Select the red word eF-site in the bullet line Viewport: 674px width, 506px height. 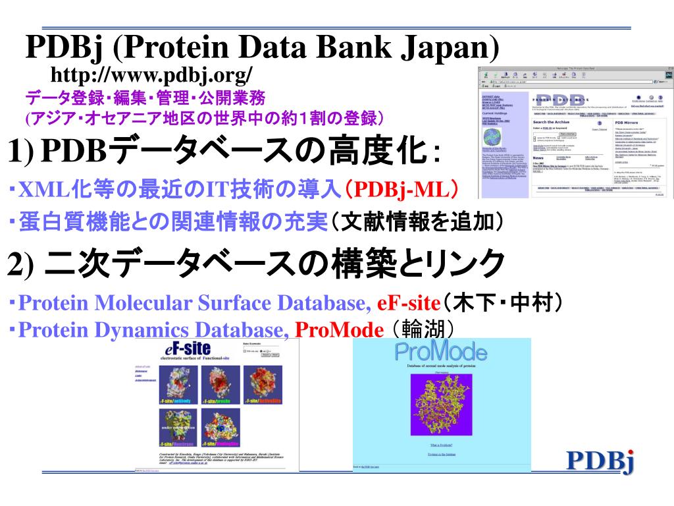coord(408,304)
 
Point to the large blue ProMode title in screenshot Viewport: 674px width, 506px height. coord(442,352)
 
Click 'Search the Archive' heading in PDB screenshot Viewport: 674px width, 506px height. coord(552,123)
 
